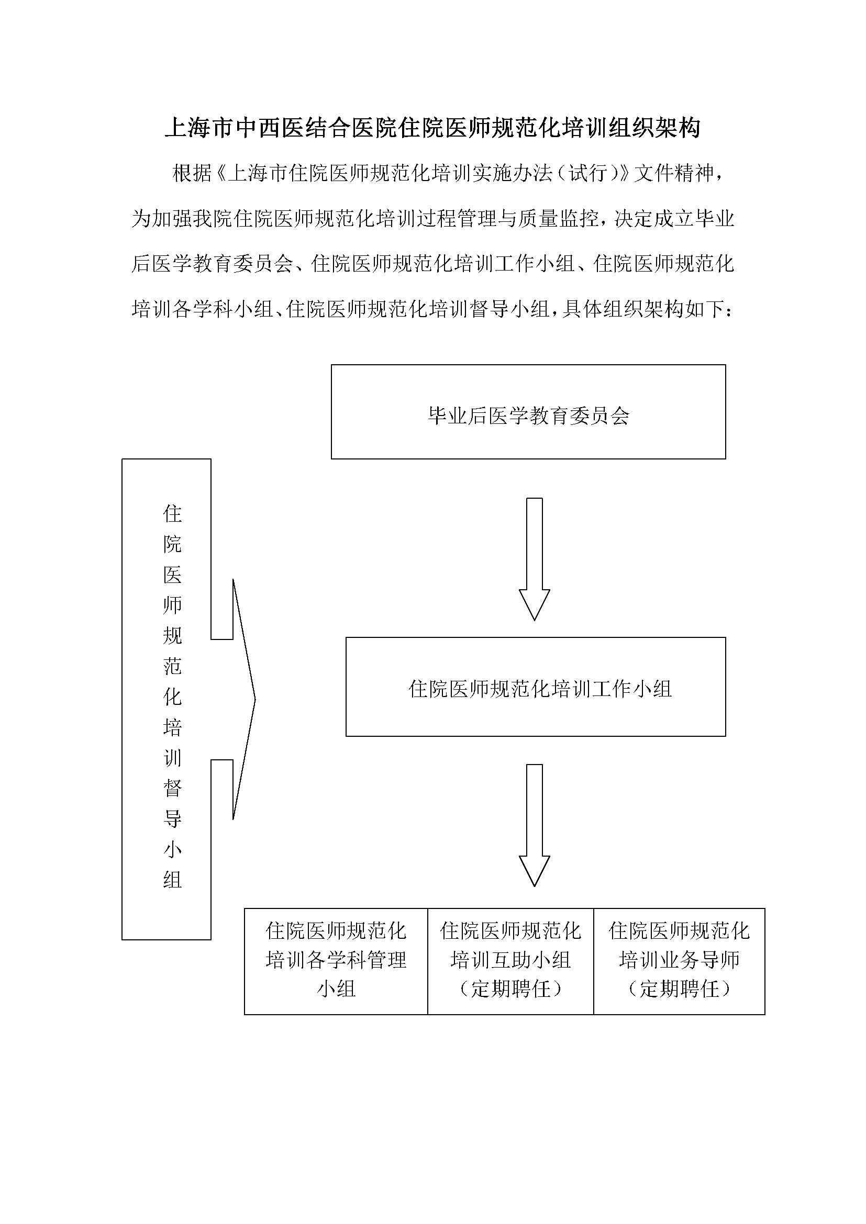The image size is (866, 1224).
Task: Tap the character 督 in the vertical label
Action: pos(172,788)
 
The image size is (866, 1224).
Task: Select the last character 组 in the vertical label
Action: pos(172,880)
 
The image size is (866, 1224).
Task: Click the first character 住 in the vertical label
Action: pos(172,513)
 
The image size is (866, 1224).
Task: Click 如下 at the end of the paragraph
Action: pos(704,309)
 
